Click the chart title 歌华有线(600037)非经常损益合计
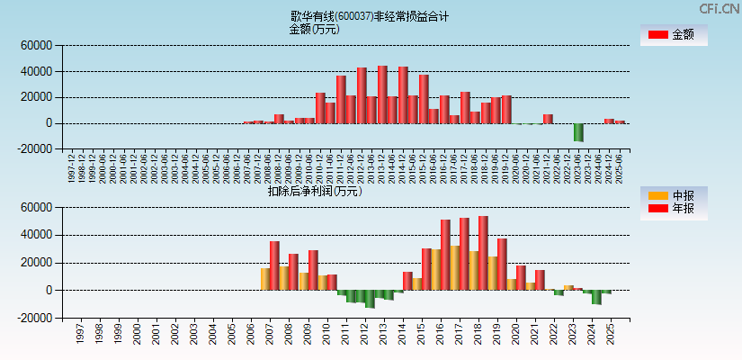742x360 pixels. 370,16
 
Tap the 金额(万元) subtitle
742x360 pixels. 314,29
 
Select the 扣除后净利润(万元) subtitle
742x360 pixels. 314,191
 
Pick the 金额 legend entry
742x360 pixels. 673,34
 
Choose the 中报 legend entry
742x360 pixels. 673,195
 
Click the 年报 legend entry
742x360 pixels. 673,208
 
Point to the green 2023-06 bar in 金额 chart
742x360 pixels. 578,131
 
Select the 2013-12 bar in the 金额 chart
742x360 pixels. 382,94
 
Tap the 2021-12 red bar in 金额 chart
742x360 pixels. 548,119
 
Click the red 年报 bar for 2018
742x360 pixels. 483,253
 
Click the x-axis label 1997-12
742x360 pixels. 71,167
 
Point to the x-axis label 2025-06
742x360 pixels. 621,167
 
